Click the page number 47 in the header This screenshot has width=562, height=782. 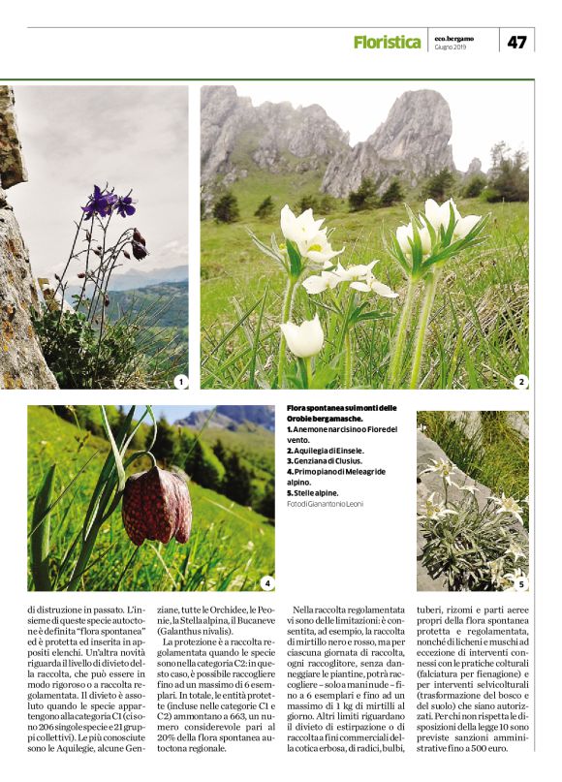tap(517, 42)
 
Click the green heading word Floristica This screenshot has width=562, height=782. tap(387, 42)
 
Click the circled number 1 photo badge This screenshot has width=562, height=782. tap(179, 383)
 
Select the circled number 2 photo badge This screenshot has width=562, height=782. tap(521, 382)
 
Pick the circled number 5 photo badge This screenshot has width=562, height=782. tap(520, 583)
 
